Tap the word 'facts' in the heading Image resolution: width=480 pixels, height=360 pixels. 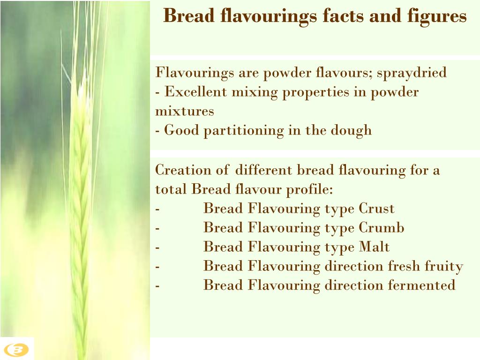coord(343,16)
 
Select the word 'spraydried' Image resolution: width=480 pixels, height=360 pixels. coord(412,73)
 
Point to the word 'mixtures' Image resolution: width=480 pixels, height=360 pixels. coord(185,112)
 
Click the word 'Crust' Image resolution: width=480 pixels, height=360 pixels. coord(376,209)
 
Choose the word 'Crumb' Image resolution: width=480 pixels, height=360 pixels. coord(381,228)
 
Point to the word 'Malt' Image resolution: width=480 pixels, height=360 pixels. coord(374,247)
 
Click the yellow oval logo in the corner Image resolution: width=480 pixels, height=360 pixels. coord(17,349)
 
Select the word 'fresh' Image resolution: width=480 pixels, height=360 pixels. coord(405,266)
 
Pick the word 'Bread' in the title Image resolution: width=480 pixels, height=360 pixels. coord(186,16)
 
